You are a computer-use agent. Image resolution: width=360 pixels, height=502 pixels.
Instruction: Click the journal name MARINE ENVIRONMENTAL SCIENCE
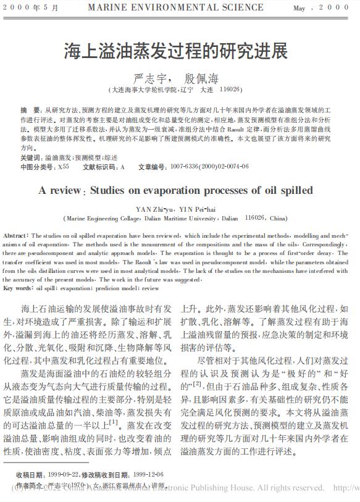click(x=175, y=7)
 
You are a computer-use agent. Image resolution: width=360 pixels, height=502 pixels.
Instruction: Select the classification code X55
click(x=62, y=167)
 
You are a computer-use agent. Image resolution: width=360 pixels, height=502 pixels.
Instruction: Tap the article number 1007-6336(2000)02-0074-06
click(x=209, y=167)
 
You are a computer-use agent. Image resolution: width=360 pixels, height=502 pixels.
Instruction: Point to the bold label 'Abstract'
click(x=14, y=236)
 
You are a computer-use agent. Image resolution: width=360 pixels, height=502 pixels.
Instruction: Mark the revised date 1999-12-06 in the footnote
click(x=147, y=474)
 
